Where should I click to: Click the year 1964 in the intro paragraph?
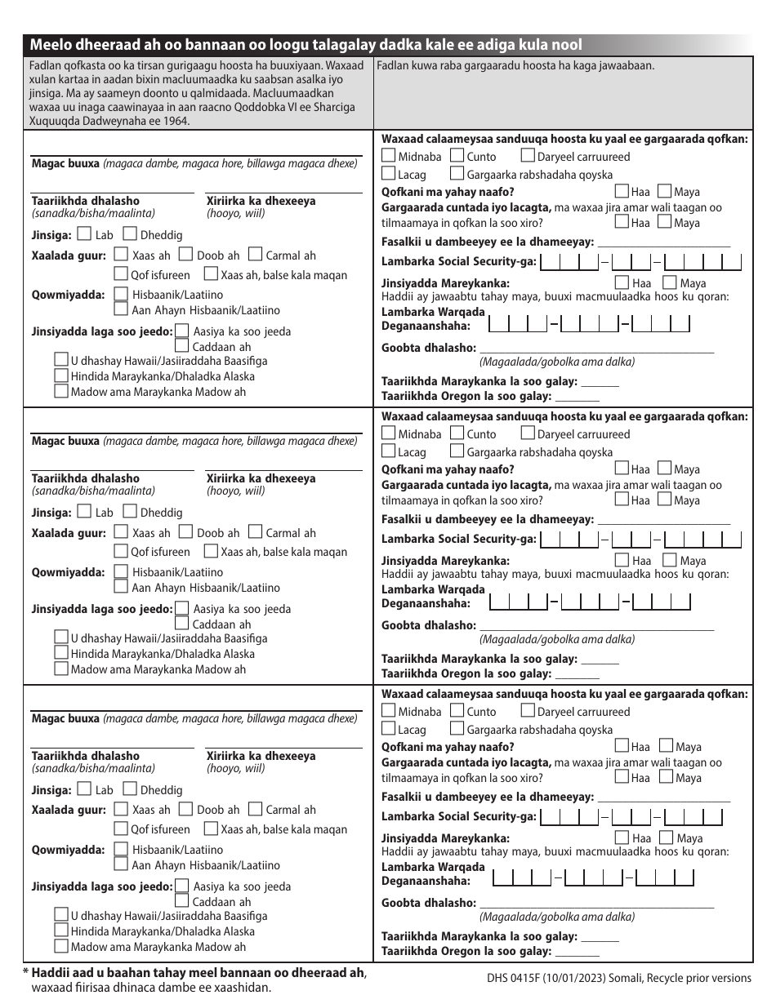coord(176,121)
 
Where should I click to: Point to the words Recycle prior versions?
coord(702,978)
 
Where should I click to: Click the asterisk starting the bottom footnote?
coord(25,973)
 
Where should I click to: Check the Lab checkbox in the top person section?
coord(84,235)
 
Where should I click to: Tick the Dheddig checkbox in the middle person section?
coord(130,513)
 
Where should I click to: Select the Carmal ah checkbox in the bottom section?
coord(254,810)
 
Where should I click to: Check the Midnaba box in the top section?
coord(389,156)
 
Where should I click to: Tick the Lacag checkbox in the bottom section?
coord(389,729)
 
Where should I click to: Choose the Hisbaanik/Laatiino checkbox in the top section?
coord(122,294)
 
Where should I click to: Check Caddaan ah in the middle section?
coord(182,624)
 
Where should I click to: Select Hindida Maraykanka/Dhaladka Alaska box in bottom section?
coord(60,931)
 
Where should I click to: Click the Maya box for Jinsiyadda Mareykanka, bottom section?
coord(668,837)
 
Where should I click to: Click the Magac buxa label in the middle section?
coord(65,441)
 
